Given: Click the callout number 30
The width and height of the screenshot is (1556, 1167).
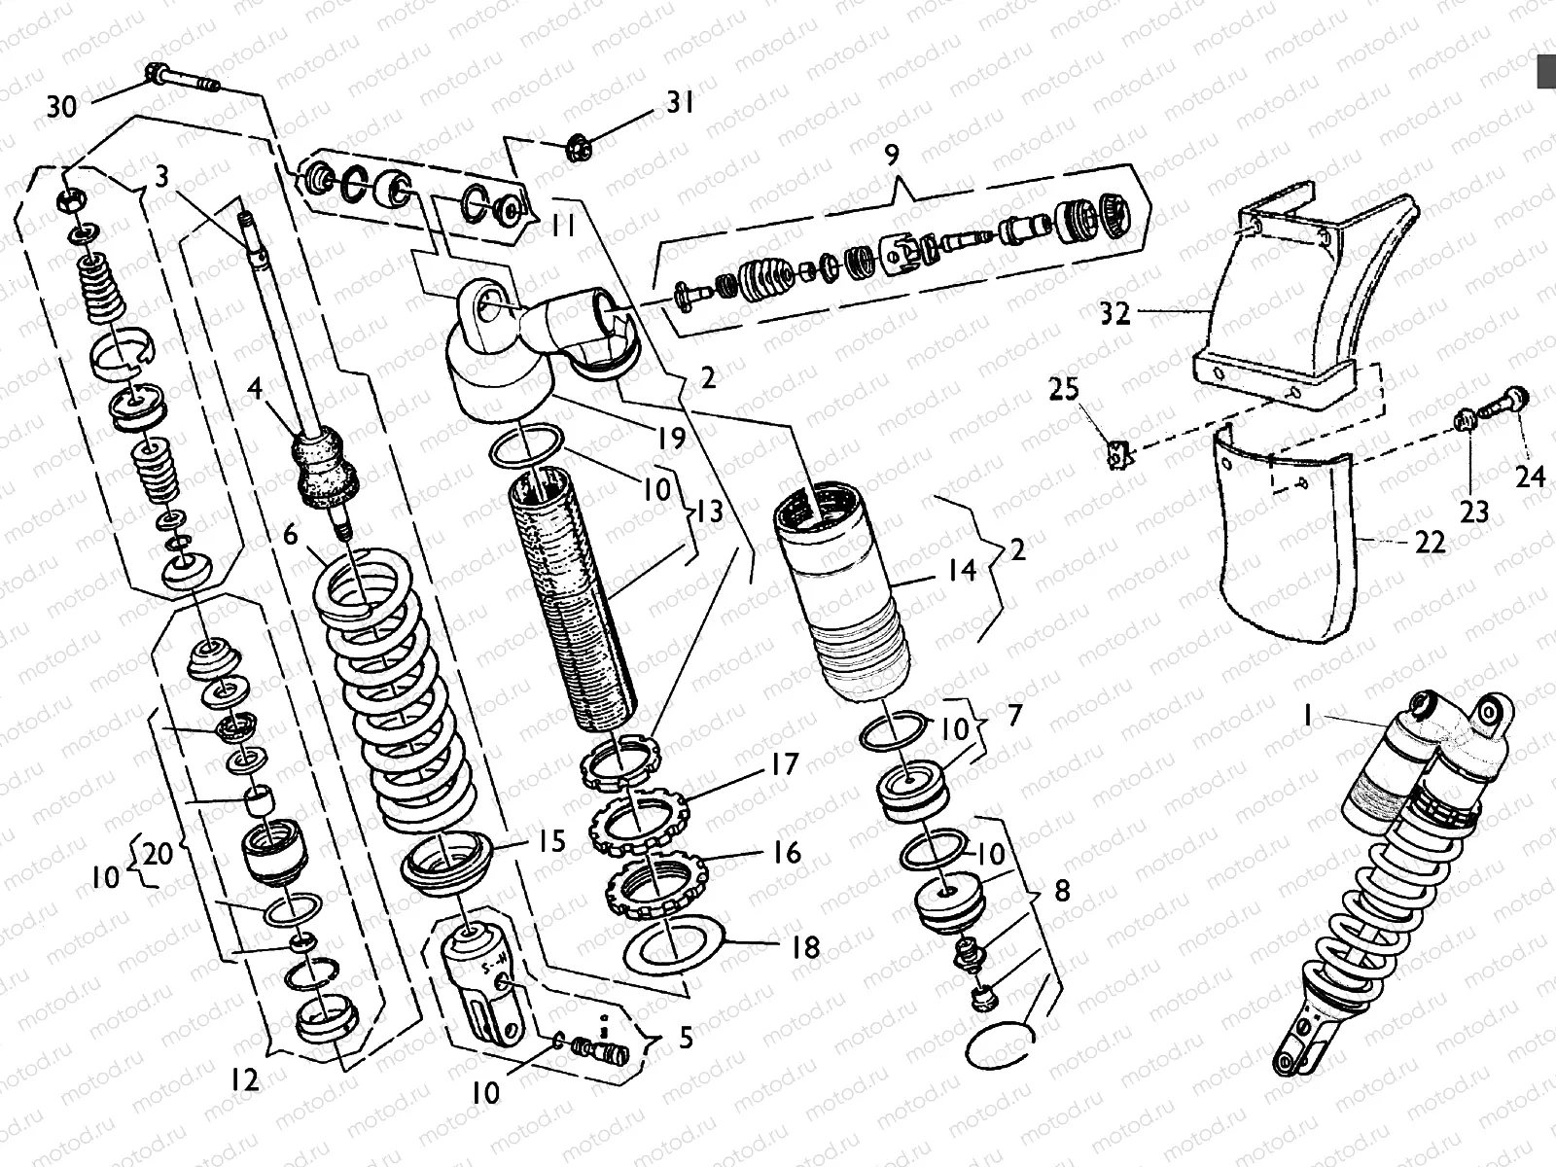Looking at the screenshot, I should tap(61, 106).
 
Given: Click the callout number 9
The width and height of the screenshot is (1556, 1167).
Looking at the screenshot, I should tap(892, 155).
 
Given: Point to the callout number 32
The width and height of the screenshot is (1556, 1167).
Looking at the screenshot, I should tap(1115, 314).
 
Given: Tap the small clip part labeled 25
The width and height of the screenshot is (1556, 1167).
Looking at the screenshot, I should tap(1119, 453).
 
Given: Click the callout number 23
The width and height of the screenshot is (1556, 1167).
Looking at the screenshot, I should tap(1474, 510).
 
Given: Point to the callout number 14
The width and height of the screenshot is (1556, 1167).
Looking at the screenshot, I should tap(961, 570).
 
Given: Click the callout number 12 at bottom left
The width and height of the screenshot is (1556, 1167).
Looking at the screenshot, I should tap(245, 1079).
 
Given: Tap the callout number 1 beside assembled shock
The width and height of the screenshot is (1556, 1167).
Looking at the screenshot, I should tap(1309, 717).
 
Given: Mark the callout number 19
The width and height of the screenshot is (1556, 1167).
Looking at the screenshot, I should tap(670, 438).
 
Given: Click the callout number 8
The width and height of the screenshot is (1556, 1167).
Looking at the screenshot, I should tap(1061, 892).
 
